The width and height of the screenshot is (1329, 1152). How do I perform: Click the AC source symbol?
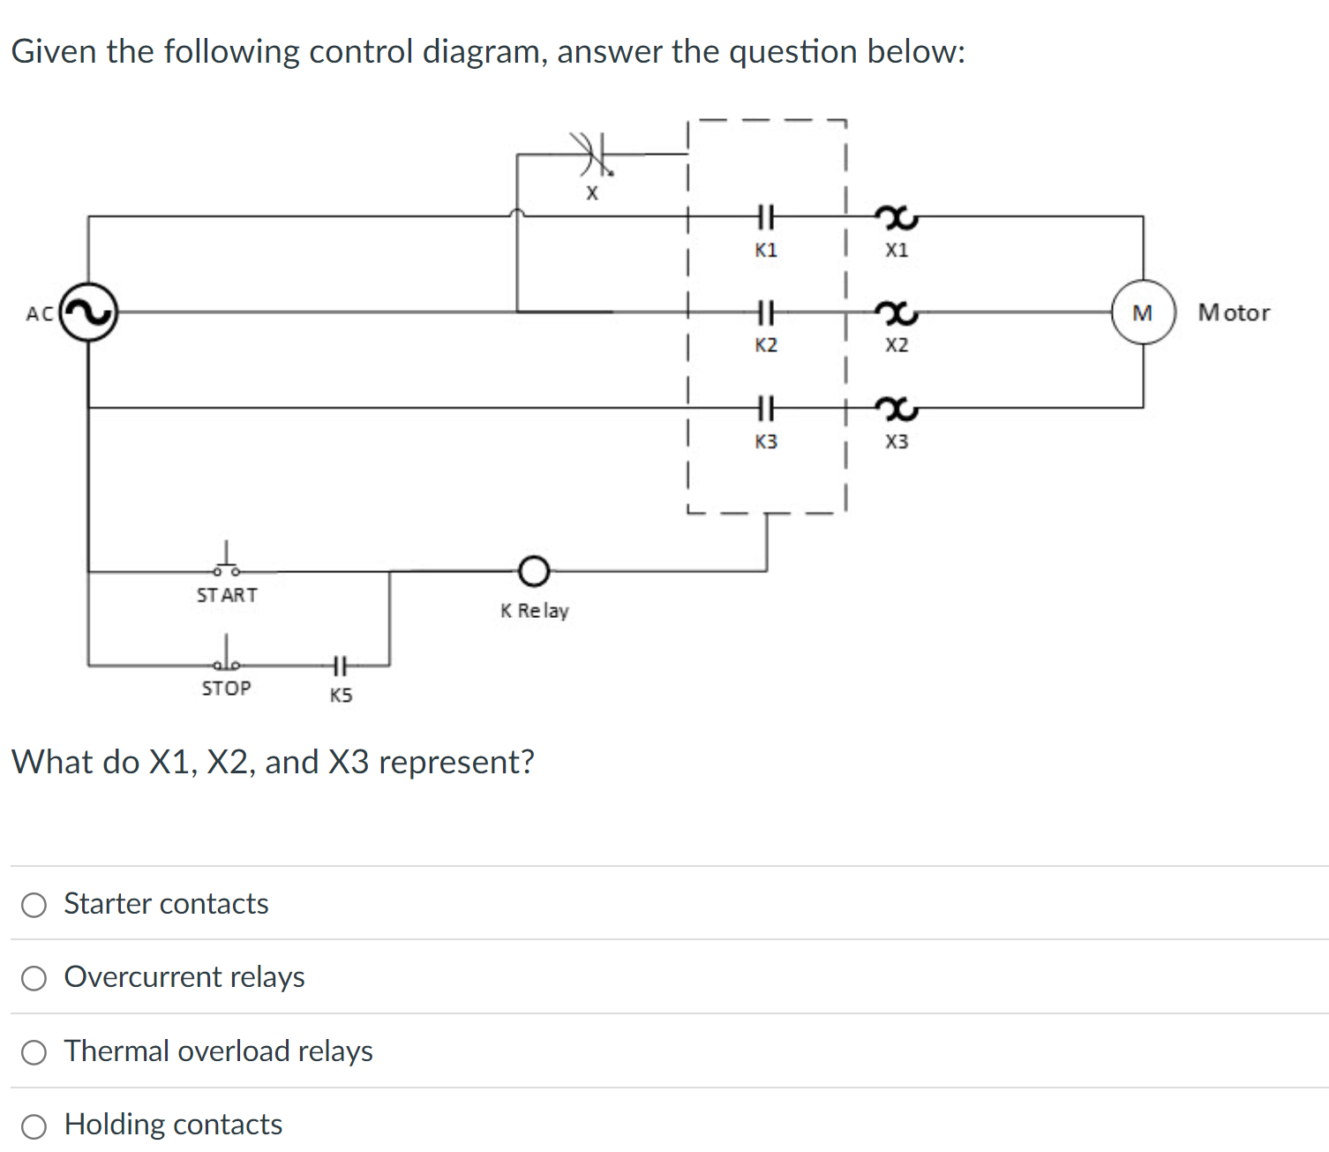(88, 312)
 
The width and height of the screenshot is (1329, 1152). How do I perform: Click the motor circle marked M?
(1143, 312)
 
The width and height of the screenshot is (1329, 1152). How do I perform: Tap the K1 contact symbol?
(765, 215)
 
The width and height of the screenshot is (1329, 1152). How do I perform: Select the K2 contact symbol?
(765, 311)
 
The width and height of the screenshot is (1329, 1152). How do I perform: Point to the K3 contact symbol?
(765, 408)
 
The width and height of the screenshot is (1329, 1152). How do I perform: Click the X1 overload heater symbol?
(897, 216)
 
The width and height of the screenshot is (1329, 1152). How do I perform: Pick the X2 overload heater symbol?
(897, 312)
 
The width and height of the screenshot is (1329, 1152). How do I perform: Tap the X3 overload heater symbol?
(897, 408)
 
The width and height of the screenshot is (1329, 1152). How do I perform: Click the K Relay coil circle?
(533, 571)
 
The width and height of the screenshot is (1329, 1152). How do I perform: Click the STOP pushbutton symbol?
(226, 658)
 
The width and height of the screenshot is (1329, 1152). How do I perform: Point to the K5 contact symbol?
(341, 664)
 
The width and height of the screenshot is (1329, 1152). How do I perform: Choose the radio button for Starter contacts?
(34, 905)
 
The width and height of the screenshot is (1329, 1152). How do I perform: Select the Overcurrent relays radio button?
(34, 978)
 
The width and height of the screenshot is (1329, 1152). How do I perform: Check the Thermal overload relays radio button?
(34, 1052)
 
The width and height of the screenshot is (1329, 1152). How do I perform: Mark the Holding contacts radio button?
(34, 1126)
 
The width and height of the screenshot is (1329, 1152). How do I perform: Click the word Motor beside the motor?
(1234, 312)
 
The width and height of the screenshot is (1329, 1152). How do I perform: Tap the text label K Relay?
(534, 611)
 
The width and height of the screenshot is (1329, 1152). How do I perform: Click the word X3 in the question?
(349, 762)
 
